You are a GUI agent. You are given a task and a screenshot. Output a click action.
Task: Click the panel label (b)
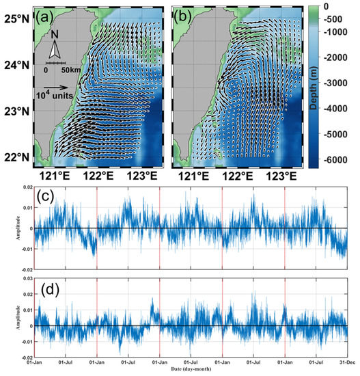pos(188,16)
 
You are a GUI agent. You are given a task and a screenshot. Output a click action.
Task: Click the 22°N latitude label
pos(17,157)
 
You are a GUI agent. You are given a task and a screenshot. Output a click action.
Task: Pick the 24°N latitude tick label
pos(17,66)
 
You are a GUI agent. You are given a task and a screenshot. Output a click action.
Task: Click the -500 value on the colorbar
pos(330,21)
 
